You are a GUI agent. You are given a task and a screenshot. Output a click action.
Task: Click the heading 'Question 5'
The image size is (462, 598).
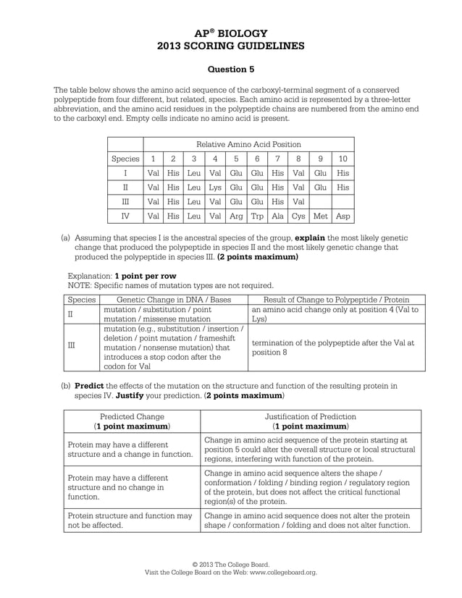click(x=231, y=70)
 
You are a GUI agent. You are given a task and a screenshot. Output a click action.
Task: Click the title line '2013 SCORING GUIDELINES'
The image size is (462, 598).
click(x=231, y=46)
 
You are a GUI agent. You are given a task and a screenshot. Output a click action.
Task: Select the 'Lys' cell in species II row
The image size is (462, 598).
click(x=216, y=188)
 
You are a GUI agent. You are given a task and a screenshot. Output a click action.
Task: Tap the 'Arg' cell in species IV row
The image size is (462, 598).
click(x=236, y=216)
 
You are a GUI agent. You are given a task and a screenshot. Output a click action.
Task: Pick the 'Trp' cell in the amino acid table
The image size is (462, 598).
click(x=257, y=216)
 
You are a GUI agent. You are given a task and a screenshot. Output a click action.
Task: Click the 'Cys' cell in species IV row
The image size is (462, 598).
click(x=298, y=216)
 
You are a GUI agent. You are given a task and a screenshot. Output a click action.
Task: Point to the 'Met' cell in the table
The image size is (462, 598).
click(x=321, y=216)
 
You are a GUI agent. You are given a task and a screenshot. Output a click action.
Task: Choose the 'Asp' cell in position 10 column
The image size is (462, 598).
click(x=343, y=216)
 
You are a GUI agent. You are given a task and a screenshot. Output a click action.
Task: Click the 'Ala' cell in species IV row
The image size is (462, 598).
click(x=277, y=216)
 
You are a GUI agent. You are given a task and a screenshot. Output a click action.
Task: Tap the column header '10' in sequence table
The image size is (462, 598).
click(x=343, y=159)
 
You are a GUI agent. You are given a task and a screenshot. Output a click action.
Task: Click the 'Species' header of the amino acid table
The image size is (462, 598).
click(x=125, y=159)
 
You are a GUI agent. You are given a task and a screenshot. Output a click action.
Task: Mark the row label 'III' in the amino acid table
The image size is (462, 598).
click(x=125, y=202)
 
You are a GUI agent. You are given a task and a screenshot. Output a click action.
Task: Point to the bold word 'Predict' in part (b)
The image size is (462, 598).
click(x=90, y=387)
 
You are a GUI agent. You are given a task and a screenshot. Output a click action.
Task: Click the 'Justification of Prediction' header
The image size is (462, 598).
click(x=310, y=417)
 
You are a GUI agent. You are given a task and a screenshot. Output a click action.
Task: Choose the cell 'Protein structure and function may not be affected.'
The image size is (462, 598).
click(x=130, y=521)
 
